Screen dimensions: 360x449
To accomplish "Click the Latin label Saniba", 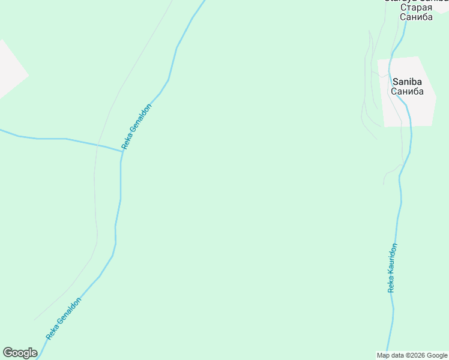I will [x=407, y=82].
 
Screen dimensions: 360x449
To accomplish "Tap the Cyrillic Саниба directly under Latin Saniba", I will [x=407, y=92].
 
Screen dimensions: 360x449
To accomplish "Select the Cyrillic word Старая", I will [x=416, y=7].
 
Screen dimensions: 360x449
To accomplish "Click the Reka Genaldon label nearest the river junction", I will [x=136, y=127].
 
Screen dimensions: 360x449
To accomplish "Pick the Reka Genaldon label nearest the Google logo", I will [x=63, y=319].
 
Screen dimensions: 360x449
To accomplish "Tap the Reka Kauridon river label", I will [x=392, y=268].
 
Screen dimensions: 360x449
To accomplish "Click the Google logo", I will [x=20, y=353].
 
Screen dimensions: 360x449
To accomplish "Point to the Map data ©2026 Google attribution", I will [x=412, y=356].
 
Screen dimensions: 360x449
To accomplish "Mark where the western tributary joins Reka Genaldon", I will [x=122, y=151].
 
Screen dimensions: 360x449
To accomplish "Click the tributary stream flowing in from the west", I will [x=54, y=139].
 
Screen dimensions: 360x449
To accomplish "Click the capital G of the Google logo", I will [x=8, y=353].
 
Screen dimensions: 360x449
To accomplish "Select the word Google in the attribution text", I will [x=438, y=356].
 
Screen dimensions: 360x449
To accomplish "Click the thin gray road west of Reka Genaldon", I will [x=95, y=180].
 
